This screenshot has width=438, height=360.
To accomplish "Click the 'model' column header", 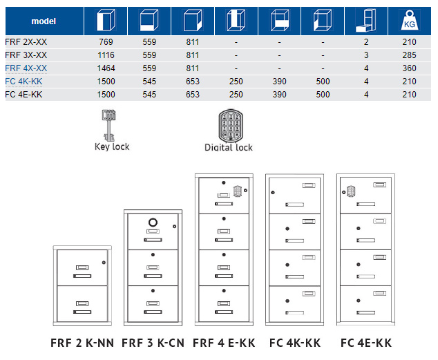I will point(43,21).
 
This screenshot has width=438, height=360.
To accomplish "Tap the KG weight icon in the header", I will point(408,21).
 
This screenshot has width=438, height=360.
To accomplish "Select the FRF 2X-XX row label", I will point(26,42).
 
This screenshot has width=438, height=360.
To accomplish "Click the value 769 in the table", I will point(106,42).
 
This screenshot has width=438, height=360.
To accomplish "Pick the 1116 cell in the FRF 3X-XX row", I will point(106,55).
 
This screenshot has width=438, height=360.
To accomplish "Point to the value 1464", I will point(106,68).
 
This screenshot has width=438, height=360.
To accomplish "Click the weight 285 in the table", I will point(409,55).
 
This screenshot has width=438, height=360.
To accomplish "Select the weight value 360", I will point(409,68).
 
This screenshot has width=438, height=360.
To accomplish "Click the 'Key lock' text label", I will point(112,146).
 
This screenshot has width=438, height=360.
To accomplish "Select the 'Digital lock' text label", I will point(229,147).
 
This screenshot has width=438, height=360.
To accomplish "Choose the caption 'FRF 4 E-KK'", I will point(222,343).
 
